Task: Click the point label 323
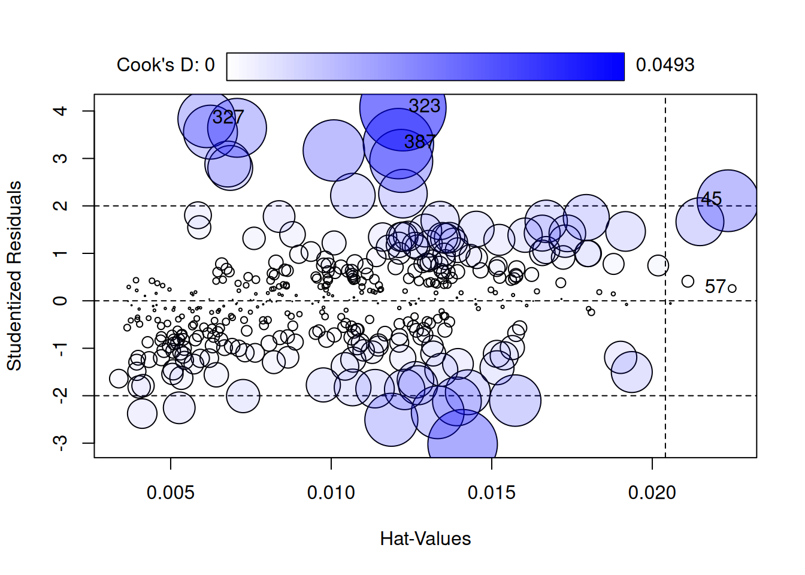click(424, 107)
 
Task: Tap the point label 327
click(228, 117)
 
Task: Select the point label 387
click(419, 142)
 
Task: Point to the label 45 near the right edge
click(711, 199)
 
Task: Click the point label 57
click(715, 287)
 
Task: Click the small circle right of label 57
click(732, 289)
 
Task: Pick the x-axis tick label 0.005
click(171, 493)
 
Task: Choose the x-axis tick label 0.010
click(331, 493)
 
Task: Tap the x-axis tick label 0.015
click(492, 493)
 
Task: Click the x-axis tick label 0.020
click(652, 493)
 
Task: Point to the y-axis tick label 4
click(60, 111)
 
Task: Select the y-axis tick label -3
click(60, 443)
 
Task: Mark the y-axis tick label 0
click(60, 301)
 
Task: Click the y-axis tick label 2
click(60, 206)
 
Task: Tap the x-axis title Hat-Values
click(425, 539)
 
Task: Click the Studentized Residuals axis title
click(14, 276)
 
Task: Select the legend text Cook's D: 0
click(165, 65)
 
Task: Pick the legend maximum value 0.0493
click(665, 65)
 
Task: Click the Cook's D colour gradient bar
click(425, 66)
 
